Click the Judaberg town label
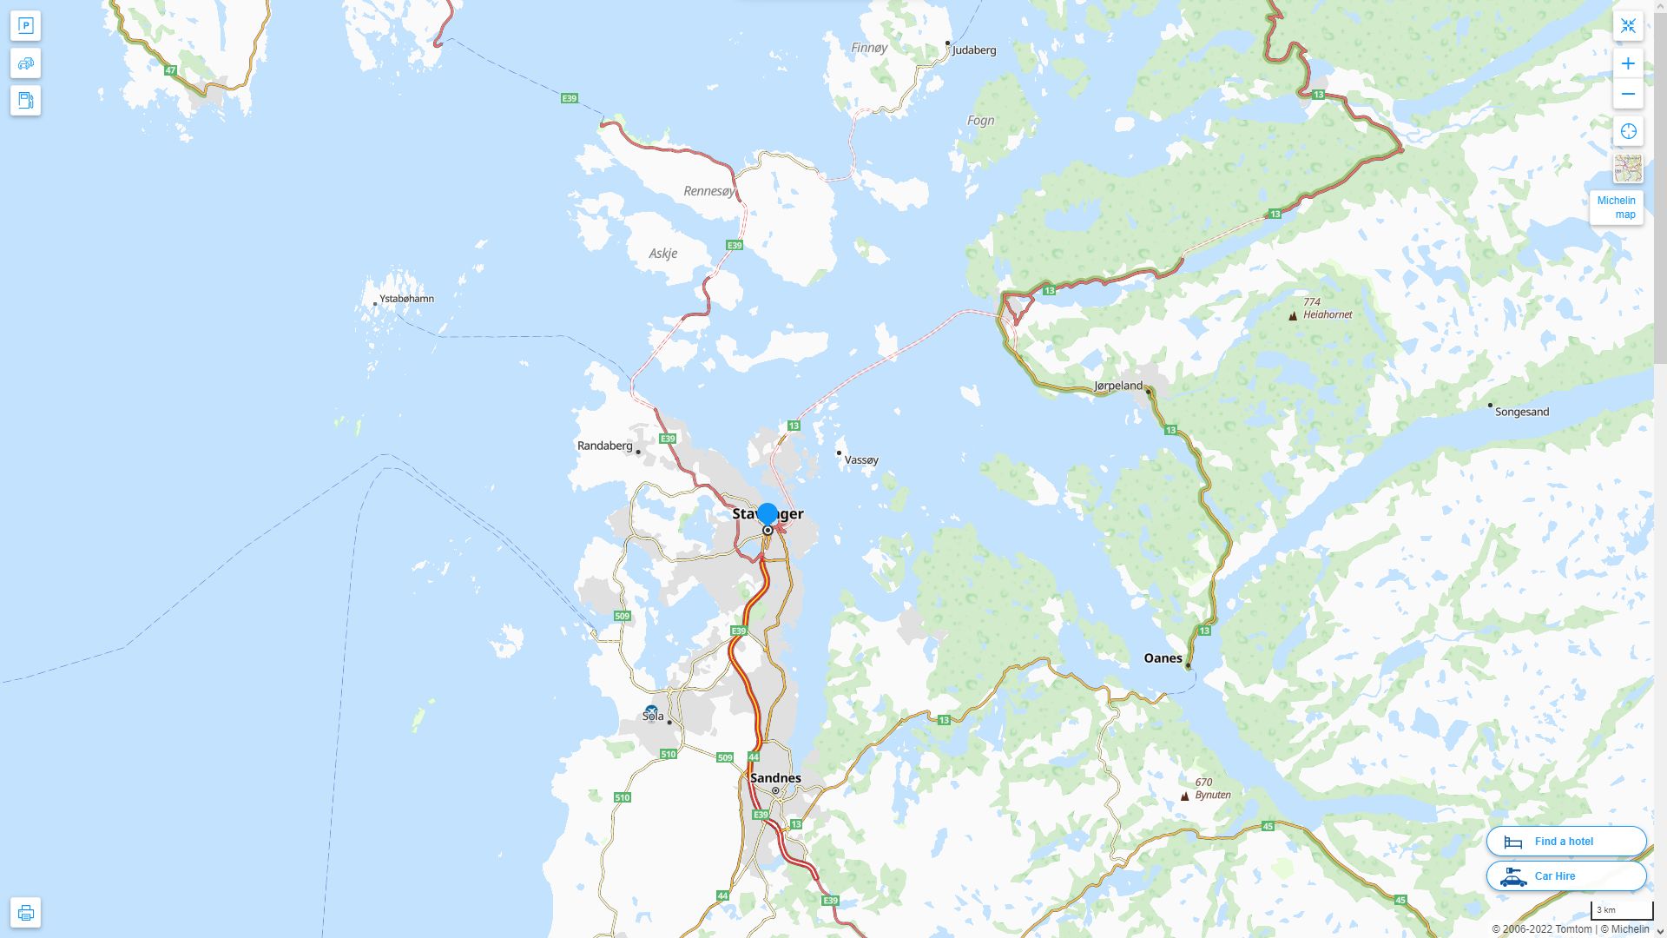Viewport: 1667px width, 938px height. (973, 50)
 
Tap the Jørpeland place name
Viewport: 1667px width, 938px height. (1118, 386)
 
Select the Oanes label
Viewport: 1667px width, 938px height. (1163, 658)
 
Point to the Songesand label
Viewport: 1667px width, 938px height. (1521, 412)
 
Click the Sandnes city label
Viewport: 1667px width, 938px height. (775, 778)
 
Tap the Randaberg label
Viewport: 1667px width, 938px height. (605, 446)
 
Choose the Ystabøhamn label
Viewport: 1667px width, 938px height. (406, 299)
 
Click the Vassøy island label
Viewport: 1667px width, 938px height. (861, 460)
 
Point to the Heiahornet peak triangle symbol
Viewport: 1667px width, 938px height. (1293, 316)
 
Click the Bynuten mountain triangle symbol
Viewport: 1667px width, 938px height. (1184, 796)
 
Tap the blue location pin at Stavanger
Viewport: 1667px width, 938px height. (768, 514)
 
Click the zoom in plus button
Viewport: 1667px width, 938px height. (1628, 63)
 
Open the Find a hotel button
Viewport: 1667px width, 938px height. (1566, 842)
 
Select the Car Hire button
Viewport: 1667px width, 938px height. (1566, 876)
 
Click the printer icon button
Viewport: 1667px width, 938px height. (25, 913)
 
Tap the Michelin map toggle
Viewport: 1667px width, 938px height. (1617, 208)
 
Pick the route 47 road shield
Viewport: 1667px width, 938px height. (170, 70)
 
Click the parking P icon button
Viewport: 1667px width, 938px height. (25, 26)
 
